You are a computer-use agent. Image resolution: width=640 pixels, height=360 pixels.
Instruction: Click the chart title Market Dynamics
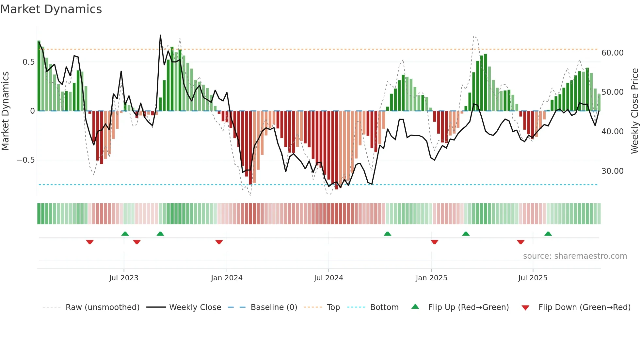51,9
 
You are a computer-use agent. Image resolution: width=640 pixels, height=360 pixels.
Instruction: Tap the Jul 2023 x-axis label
124,278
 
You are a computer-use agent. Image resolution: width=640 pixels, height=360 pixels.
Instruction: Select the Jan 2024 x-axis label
227,278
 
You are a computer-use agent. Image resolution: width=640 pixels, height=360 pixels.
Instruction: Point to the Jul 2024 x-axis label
328,278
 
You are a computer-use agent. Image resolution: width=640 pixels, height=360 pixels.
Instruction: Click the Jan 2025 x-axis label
431,278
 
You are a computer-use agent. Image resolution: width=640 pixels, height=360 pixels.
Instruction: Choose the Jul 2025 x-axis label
533,278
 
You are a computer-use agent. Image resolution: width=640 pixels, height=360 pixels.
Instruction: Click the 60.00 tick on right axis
612,53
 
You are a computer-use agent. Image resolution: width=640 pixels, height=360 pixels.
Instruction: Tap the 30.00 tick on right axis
612,171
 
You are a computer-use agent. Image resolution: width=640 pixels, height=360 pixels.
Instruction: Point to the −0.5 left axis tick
25,160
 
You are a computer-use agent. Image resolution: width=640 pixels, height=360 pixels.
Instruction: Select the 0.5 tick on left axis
28,62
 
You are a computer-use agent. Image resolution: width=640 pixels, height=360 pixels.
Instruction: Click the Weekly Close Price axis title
634,111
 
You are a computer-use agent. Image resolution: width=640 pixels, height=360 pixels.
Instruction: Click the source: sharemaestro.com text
575,256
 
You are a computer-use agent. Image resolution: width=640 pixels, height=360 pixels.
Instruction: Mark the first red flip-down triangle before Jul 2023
90,242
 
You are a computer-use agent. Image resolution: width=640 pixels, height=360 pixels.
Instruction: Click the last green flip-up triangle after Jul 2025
548,234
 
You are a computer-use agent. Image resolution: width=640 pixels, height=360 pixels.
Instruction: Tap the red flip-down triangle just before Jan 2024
219,242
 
